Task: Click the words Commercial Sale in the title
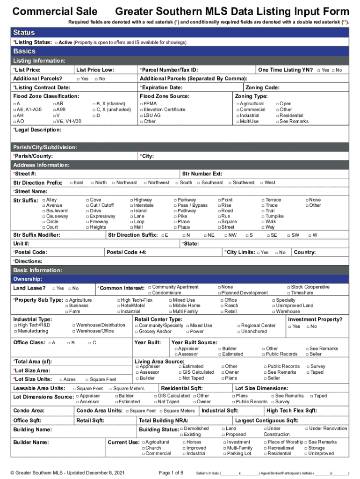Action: pyautogui.click(x=55, y=11)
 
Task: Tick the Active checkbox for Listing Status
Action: pyautogui.click(x=56, y=43)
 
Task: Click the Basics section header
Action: pyautogui.click(x=24, y=51)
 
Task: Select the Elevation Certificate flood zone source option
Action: pyautogui.click(x=142, y=109)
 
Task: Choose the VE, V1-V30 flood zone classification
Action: pyautogui.click(x=54, y=121)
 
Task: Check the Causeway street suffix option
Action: pyautogui.click(x=43, y=217)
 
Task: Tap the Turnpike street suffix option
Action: pyautogui.click(x=262, y=217)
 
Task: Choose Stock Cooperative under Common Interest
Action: pyautogui.click(x=288, y=287)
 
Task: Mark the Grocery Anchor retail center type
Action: pyautogui.click(x=136, y=331)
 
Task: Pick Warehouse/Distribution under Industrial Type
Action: pyautogui.click(x=73, y=325)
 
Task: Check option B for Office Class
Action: pyautogui.click(x=68, y=343)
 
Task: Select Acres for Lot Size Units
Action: pyautogui.click(x=61, y=379)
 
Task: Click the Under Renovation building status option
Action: pyautogui.click(x=307, y=428)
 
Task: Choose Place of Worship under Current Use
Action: pyautogui.click(x=265, y=442)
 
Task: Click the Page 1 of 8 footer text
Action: pyautogui.click(x=171, y=473)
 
